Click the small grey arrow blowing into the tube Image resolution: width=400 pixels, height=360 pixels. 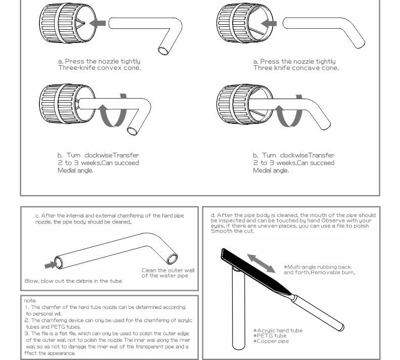pyautogui.click(x=50, y=264)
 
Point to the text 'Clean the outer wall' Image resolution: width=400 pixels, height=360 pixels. pyautogui.click(x=167, y=271)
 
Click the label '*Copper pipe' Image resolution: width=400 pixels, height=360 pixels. pyautogui.click(x=271, y=341)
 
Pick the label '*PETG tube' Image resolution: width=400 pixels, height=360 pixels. pyautogui.click(x=270, y=336)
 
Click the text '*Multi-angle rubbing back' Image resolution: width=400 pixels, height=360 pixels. pyautogui.click(x=317, y=267)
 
